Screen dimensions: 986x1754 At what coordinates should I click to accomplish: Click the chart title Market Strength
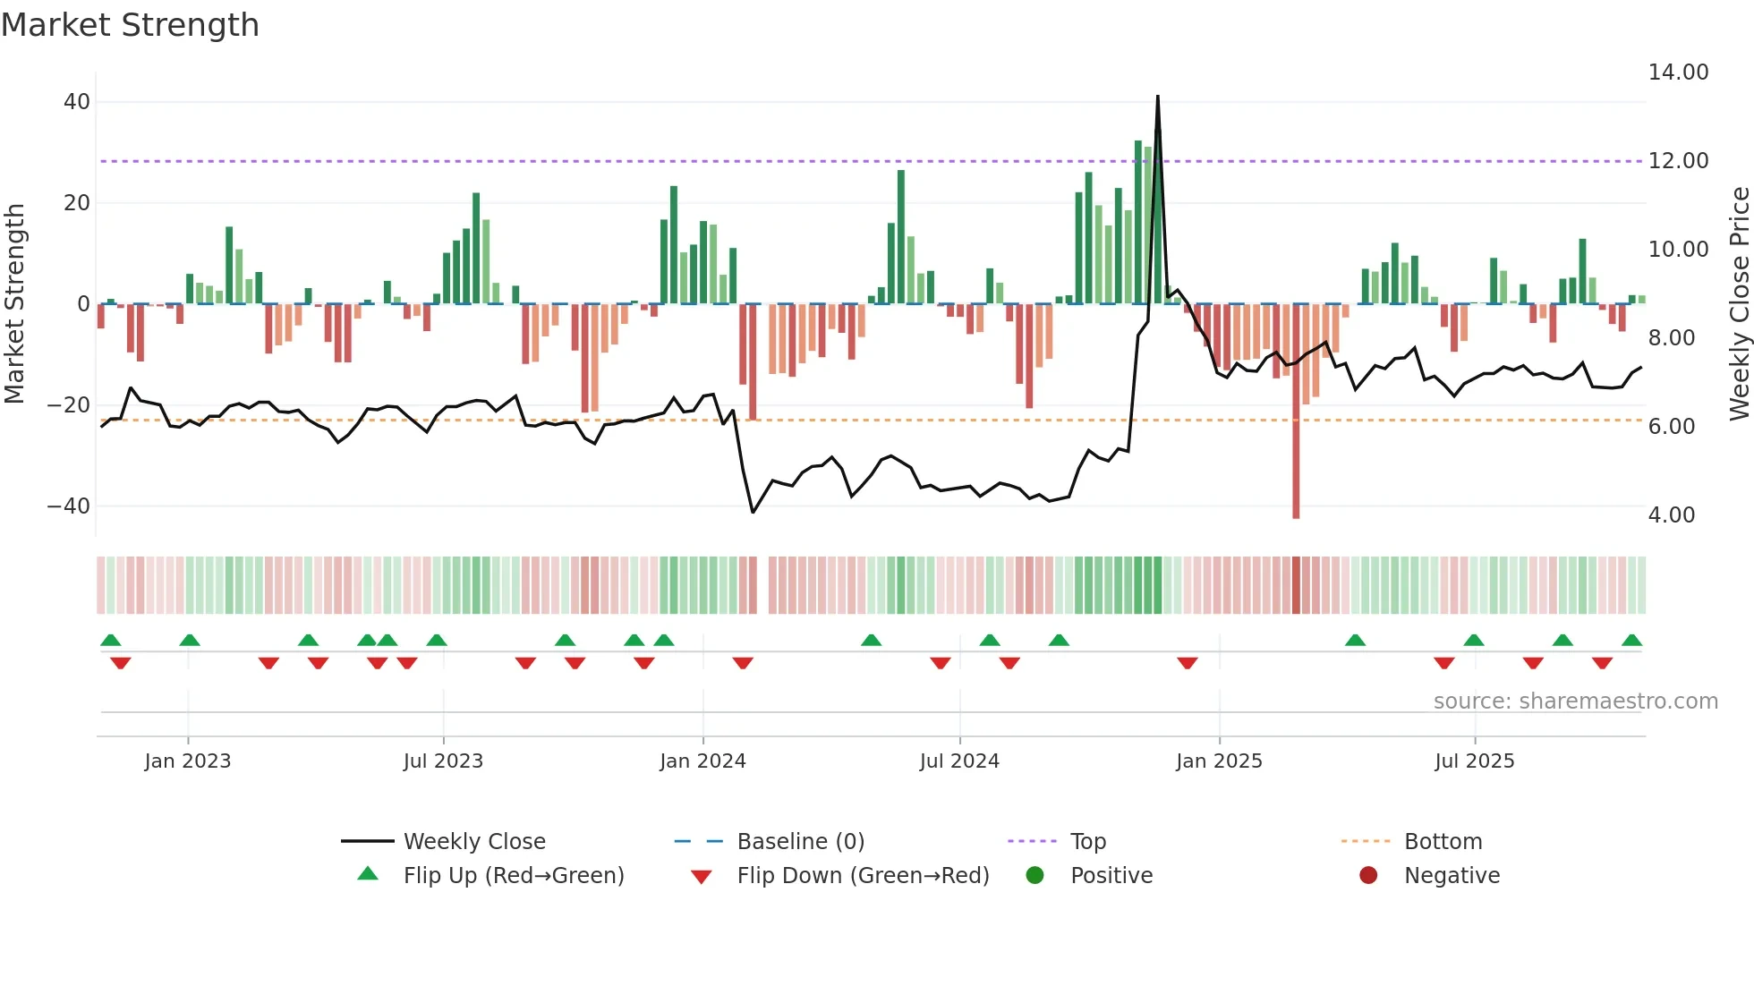pyautogui.click(x=131, y=25)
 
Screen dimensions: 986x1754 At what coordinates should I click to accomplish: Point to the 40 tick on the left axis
pyautogui.click(x=77, y=102)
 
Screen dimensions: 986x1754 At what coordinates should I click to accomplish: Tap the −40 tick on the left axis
pyautogui.click(x=69, y=506)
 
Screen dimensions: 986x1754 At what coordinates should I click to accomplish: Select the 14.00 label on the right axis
pyautogui.click(x=1678, y=72)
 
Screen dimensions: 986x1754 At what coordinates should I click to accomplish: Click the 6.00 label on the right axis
pyautogui.click(x=1671, y=427)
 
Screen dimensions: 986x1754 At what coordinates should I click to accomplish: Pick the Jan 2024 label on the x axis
pyautogui.click(x=702, y=761)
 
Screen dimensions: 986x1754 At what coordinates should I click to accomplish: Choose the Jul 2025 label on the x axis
pyautogui.click(x=1474, y=761)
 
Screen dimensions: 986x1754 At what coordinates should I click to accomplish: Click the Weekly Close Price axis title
pyautogui.click(x=1739, y=304)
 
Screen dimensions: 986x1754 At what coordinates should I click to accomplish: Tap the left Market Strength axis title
pyautogui.click(x=15, y=304)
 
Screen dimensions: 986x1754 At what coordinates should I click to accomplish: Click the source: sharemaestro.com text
pyautogui.click(x=1575, y=701)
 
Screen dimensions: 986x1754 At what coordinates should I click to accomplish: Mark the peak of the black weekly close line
pyautogui.click(x=1158, y=97)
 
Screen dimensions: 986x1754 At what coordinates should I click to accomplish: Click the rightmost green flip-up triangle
pyautogui.click(x=1631, y=641)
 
